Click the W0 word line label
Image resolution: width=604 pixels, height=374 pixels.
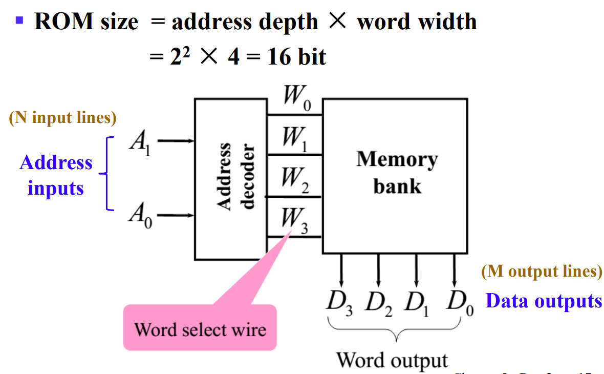pos(294,98)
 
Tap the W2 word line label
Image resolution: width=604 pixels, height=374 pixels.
pos(294,180)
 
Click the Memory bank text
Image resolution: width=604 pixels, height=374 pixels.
pos(397,172)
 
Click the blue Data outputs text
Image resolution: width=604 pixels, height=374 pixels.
pos(544,301)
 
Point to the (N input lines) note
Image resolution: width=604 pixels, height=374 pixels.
pos(62,118)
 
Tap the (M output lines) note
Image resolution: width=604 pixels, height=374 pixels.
pos(542,271)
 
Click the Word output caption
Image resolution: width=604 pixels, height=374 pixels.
pos(392,360)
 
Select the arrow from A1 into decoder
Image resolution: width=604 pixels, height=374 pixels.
pos(175,141)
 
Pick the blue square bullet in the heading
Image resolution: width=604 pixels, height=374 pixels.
pos(19,21)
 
